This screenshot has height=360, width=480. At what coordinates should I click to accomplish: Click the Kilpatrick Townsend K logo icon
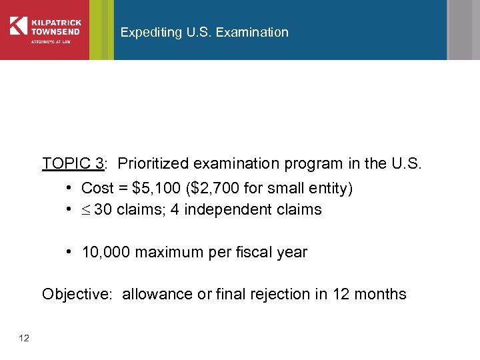[19, 25]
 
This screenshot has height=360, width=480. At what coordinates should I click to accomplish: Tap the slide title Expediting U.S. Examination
[204, 32]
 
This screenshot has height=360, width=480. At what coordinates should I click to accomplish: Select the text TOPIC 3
[72, 163]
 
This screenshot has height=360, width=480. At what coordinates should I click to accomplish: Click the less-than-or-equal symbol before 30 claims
[86, 211]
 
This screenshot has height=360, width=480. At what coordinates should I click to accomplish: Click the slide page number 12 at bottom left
[24, 339]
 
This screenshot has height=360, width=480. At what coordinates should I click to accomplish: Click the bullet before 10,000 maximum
[69, 253]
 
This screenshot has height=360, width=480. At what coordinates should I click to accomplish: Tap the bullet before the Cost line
[69, 189]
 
